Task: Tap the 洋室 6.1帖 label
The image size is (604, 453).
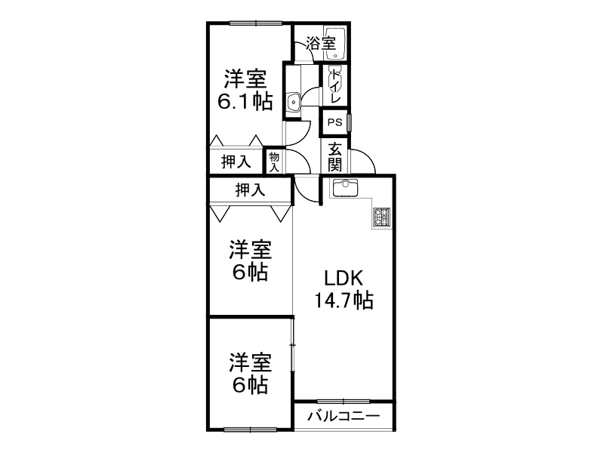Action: point(245,90)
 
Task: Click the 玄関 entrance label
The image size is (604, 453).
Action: point(334,158)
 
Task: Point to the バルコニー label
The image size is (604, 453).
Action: point(344,416)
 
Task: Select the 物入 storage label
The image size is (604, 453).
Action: point(273,162)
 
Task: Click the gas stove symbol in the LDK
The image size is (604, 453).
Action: point(381,217)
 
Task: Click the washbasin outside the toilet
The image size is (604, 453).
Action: point(293,99)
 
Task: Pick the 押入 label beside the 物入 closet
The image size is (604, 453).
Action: point(236,161)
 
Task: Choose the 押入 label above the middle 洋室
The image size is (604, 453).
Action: point(250,190)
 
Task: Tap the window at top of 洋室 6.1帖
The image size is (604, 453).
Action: point(252,23)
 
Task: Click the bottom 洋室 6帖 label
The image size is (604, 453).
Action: point(249,374)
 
